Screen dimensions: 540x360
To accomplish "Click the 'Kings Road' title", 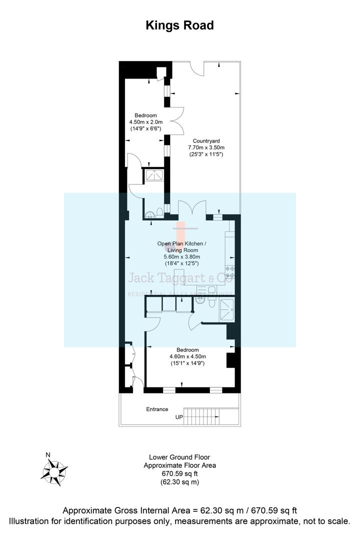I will point(179,25).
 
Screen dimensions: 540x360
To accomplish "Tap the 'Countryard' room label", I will point(206,141).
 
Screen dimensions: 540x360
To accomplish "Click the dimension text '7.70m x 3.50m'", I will point(206,148).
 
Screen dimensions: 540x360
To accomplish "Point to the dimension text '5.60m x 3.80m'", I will point(181,257).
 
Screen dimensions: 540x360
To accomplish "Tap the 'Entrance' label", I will point(157,409).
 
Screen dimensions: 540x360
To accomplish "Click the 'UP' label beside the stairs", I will point(179,417).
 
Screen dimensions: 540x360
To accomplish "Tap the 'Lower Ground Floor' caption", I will point(179,457).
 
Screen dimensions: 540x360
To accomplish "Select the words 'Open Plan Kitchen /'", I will point(181,243).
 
